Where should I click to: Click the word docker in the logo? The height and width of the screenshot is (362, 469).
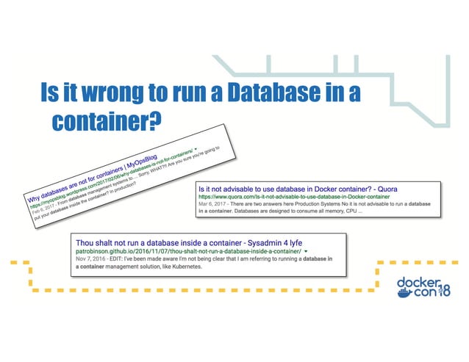click(418, 282)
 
